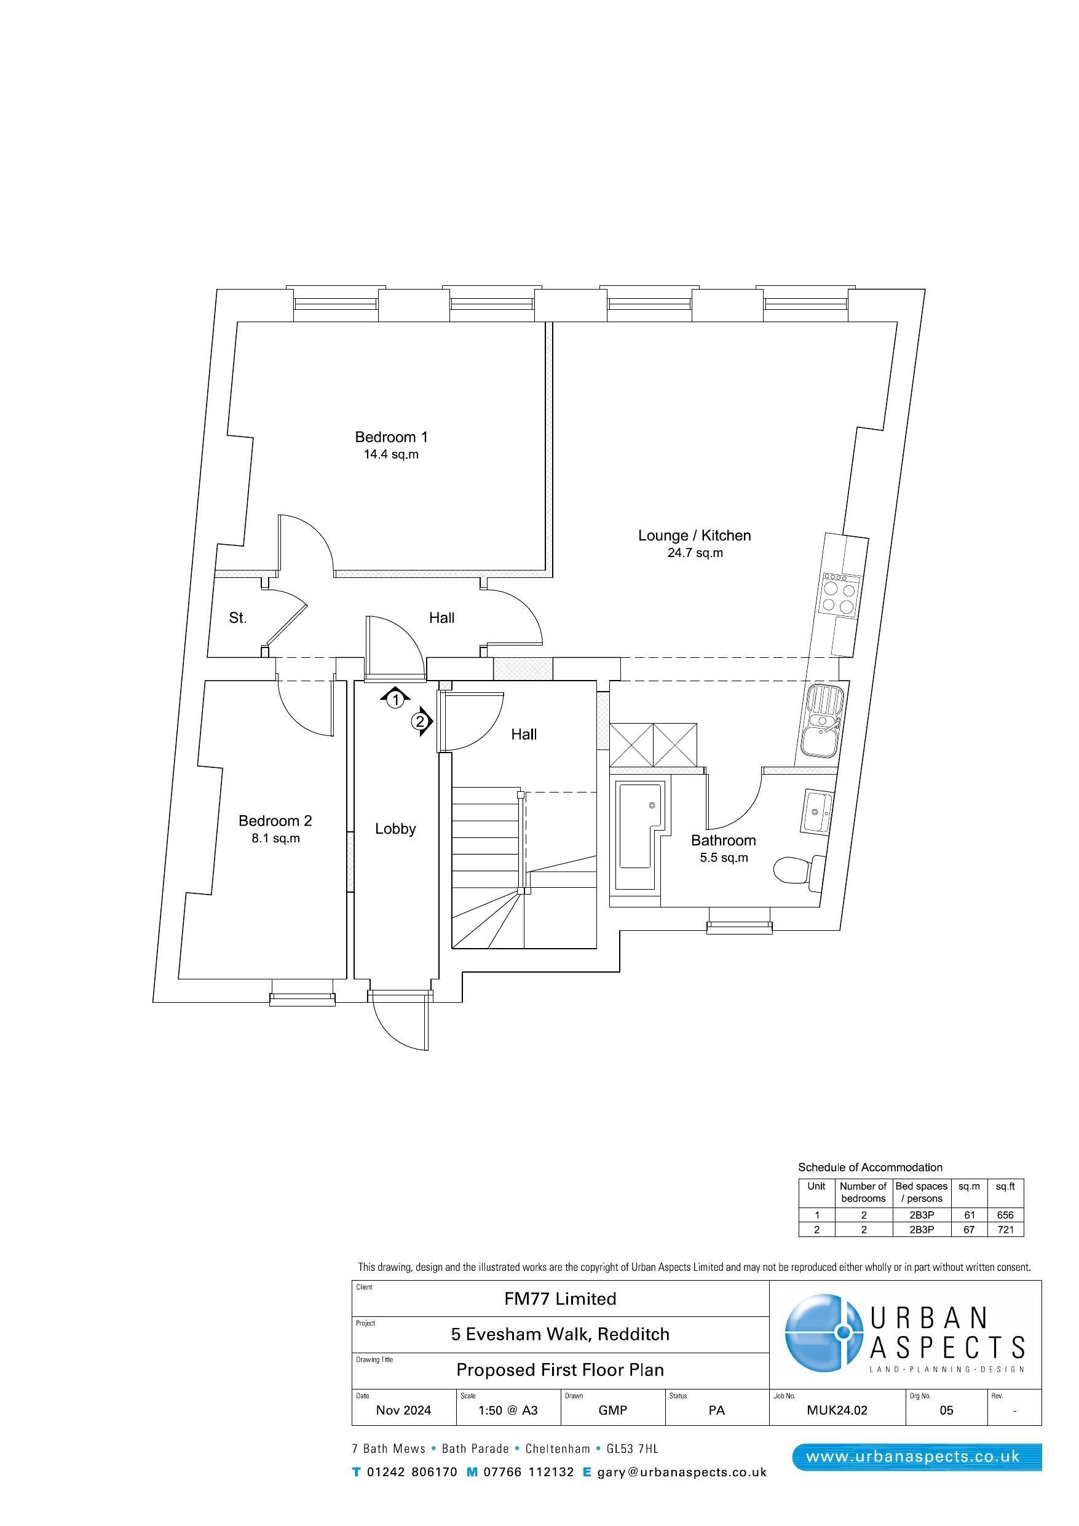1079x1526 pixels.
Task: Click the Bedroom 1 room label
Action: point(391,437)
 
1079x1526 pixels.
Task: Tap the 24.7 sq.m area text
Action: point(695,553)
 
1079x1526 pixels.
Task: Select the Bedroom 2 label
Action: point(275,821)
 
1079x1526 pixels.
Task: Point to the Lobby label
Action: point(395,829)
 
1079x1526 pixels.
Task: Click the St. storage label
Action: point(237,618)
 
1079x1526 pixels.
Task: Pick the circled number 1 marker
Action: point(395,700)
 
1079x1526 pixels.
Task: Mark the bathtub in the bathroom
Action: point(640,826)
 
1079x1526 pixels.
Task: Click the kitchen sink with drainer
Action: point(823,721)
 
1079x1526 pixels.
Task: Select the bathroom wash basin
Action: point(816,810)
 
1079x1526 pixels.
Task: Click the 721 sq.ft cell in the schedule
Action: point(1005,1230)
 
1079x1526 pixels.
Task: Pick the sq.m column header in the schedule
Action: point(968,1187)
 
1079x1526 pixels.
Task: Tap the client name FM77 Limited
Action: point(559,1299)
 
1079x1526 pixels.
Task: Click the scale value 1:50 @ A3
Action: point(508,1410)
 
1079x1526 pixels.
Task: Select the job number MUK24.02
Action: point(837,1410)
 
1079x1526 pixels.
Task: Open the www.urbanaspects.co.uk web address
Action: point(912,1457)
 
